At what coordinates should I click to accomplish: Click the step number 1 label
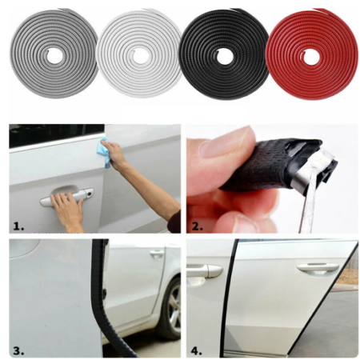[18, 225]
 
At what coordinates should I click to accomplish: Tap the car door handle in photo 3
[157, 254]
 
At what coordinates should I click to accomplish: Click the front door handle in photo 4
[205, 270]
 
